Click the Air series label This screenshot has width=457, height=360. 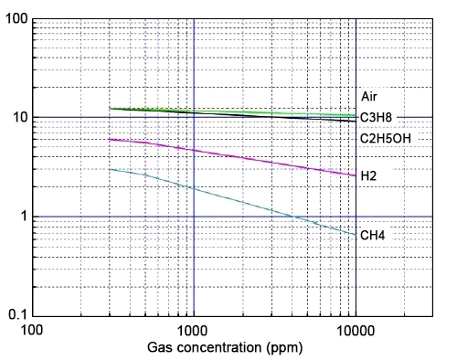click(369, 96)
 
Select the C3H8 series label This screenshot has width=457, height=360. click(376, 117)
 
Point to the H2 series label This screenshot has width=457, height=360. click(368, 175)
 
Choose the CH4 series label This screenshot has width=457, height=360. click(372, 236)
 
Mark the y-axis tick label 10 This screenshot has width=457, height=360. click(18, 118)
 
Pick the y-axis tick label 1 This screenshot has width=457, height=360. click(22, 217)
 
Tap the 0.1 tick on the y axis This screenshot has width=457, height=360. click(16, 316)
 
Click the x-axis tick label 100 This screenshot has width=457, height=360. click(32, 330)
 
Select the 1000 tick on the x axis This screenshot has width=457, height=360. click(193, 330)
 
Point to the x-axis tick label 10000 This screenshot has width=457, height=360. click(355, 330)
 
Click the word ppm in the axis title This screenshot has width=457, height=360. click(286, 348)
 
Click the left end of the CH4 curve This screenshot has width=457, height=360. click(109, 169)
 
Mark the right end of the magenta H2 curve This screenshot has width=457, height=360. click(356, 175)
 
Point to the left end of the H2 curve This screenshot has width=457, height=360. click(109, 139)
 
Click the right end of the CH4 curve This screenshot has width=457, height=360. click(356, 235)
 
